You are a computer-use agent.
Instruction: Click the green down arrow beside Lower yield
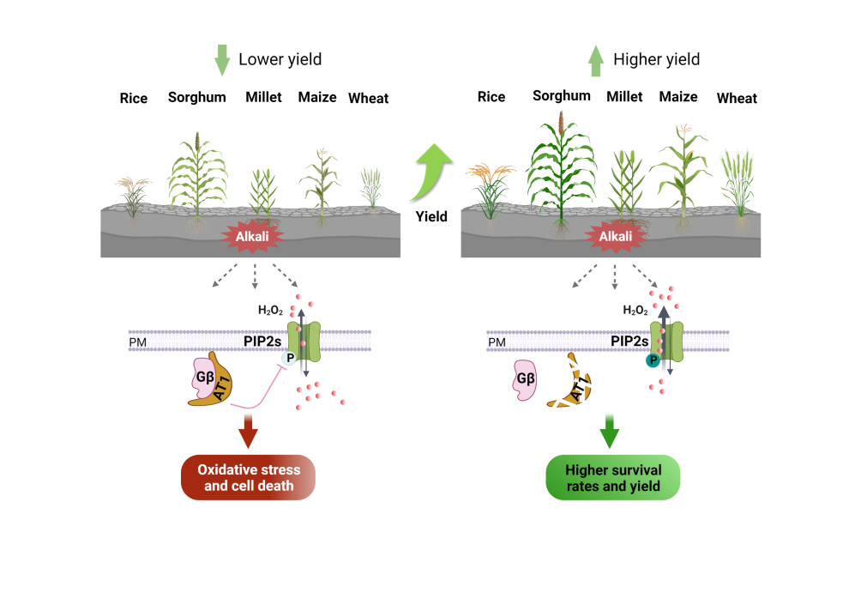coord(222,59)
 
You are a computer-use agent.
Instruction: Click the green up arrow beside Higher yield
coord(596,60)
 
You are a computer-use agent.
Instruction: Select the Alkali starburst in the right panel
coord(615,236)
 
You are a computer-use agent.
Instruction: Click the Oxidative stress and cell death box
coord(249,478)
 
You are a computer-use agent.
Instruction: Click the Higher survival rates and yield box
coord(613,478)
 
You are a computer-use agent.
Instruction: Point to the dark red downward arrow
coord(249,432)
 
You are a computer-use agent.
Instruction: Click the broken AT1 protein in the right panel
coord(572,385)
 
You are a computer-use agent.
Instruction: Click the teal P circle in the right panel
coord(653,361)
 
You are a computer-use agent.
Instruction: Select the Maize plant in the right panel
coord(682,176)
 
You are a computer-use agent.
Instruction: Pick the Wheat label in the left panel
coord(368,98)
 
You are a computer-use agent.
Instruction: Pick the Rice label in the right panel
coord(491,97)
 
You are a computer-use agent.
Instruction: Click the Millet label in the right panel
coord(624,97)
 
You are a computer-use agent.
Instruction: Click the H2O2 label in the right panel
coord(635,310)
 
